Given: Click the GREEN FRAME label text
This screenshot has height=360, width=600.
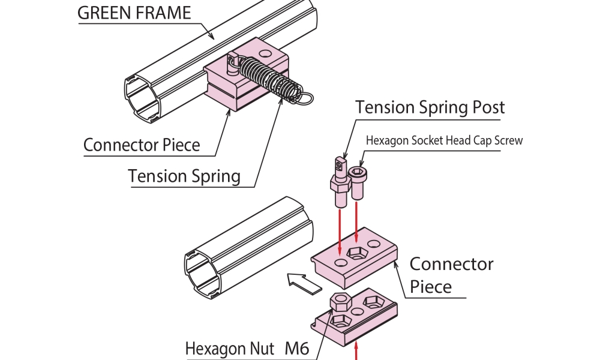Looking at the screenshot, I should click(134, 13).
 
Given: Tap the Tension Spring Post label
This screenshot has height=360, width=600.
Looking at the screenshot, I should click(430, 107).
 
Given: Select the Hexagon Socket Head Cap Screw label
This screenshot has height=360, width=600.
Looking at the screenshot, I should click(444, 140).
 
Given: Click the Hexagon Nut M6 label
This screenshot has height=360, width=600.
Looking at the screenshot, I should click(247, 349).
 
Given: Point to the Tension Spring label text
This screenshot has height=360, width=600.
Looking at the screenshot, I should click(184, 176).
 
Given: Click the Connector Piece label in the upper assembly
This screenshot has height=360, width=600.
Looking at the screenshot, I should click(142, 145).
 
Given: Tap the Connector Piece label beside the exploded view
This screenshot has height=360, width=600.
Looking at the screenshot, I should click(451, 275).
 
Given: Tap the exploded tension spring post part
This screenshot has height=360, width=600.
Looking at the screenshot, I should click(340, 179).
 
